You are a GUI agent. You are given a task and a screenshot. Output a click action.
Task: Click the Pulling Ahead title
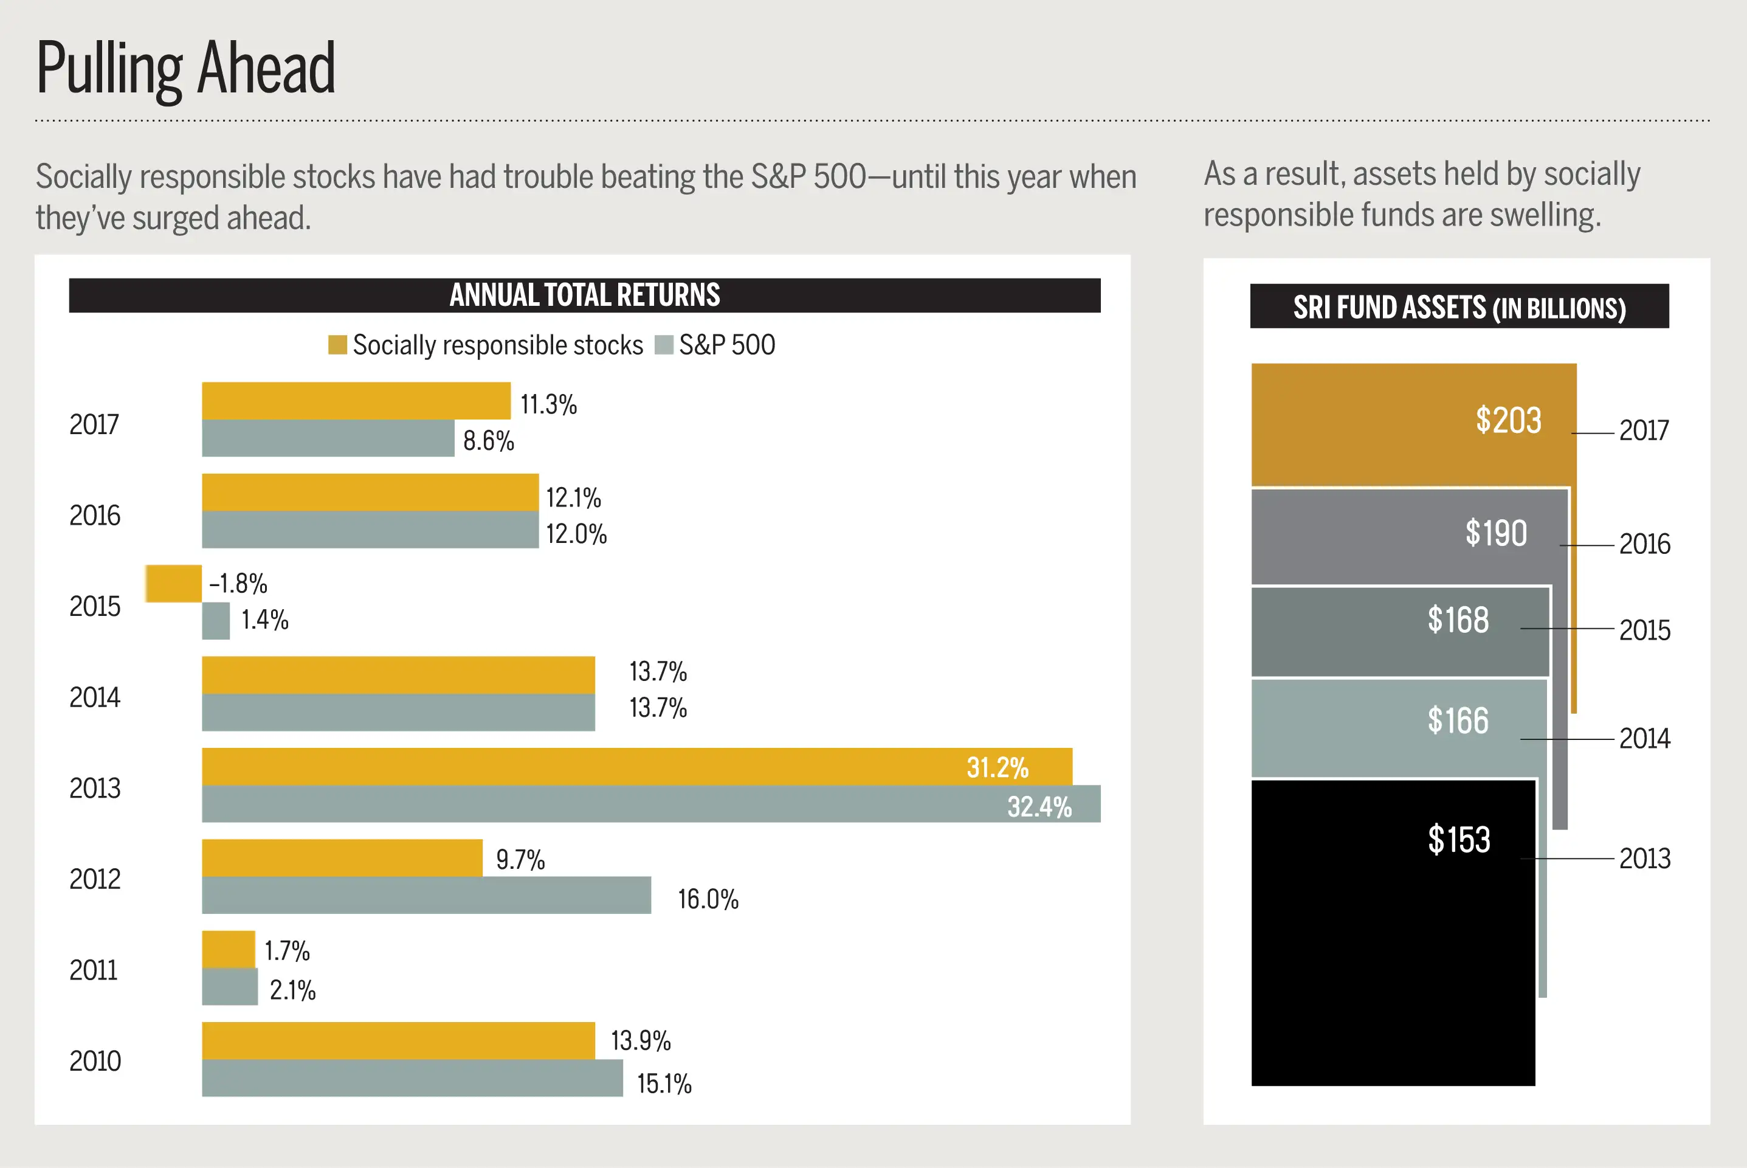pos(185,69)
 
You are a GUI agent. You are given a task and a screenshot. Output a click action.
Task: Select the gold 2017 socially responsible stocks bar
pos(356,401)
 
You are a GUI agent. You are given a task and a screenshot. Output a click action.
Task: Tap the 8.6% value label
pos(489,441)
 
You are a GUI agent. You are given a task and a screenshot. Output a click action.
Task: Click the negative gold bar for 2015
pos(173,583)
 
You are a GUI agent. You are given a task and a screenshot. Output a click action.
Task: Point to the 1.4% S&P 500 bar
pos(216,621)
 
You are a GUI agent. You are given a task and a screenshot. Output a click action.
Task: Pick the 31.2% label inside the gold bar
pos(997,767)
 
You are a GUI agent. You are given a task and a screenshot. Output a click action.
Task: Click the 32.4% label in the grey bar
pos(1039,807)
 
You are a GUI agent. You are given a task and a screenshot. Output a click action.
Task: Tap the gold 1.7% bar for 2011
pos(229,949)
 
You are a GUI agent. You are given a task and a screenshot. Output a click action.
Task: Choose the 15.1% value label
pos(664,1084)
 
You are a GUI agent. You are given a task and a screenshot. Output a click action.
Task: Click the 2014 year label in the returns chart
pos(95,698)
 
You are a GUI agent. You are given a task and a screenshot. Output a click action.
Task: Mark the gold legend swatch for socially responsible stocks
pos(337,345)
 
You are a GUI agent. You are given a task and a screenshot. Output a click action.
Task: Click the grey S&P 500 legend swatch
pos(664,345)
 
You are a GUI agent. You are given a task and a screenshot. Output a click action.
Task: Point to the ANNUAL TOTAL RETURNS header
pos(585,295)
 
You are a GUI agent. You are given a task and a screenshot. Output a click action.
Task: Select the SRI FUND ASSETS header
pos(1459,307)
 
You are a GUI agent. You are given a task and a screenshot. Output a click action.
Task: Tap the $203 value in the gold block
pos(1508,420)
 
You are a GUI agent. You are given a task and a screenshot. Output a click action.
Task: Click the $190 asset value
pos(1495,533)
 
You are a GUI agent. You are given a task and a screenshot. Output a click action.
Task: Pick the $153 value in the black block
pos(1459,840)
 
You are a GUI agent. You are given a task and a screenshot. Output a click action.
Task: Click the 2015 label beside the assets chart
pos(1644,630)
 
